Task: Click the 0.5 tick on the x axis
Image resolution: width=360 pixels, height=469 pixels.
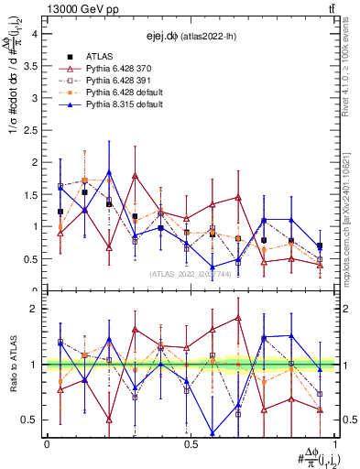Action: click(x=191, y=443)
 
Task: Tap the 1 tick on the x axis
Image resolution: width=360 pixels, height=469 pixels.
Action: click(x=334, y=443)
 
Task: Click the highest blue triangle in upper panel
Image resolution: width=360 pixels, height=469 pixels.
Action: click(x=109, y=171)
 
